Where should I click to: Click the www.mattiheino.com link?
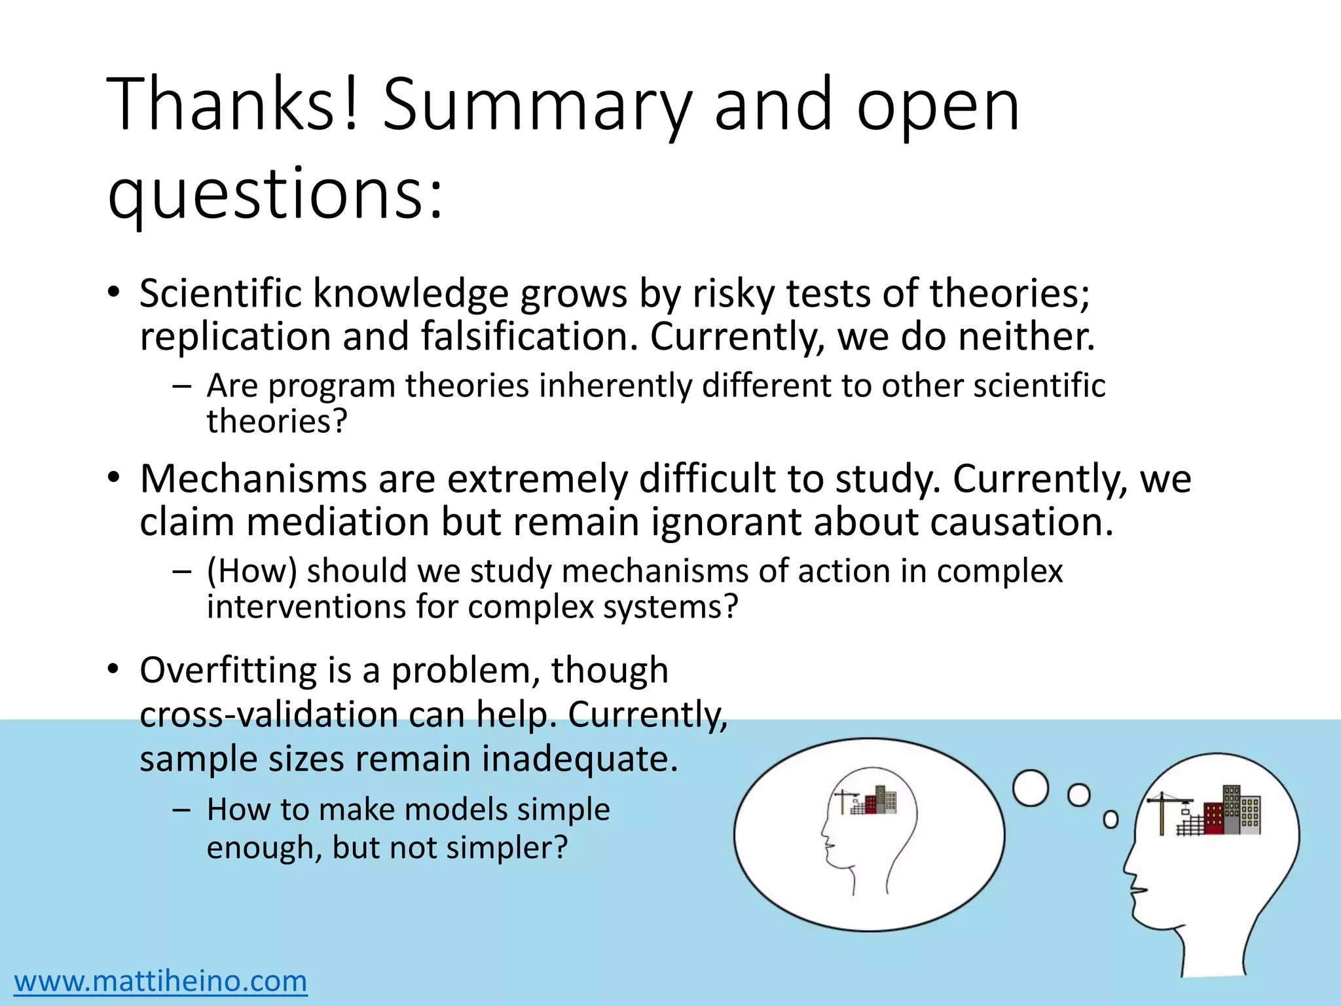160,981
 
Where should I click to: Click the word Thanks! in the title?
233,105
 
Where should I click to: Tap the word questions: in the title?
275,194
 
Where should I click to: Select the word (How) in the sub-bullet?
252,571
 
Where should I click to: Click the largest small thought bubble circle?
1031,788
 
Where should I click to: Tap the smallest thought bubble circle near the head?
1111,819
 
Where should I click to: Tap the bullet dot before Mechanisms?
114,479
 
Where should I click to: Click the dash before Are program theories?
181,386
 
